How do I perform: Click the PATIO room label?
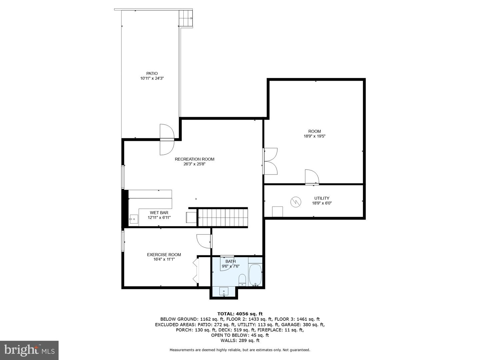152,73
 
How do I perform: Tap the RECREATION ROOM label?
194,159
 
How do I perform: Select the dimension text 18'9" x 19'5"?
314,136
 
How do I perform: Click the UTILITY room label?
322,198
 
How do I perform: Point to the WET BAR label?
159,213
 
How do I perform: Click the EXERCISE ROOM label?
164,255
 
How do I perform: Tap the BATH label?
230,261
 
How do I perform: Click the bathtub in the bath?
256,275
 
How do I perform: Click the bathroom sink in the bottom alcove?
224,292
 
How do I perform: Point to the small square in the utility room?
277,212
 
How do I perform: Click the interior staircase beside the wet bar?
223,218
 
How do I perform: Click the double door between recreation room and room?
270,161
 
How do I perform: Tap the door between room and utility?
312,177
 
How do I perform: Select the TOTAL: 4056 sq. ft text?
240,314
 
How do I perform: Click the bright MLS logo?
29,350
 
